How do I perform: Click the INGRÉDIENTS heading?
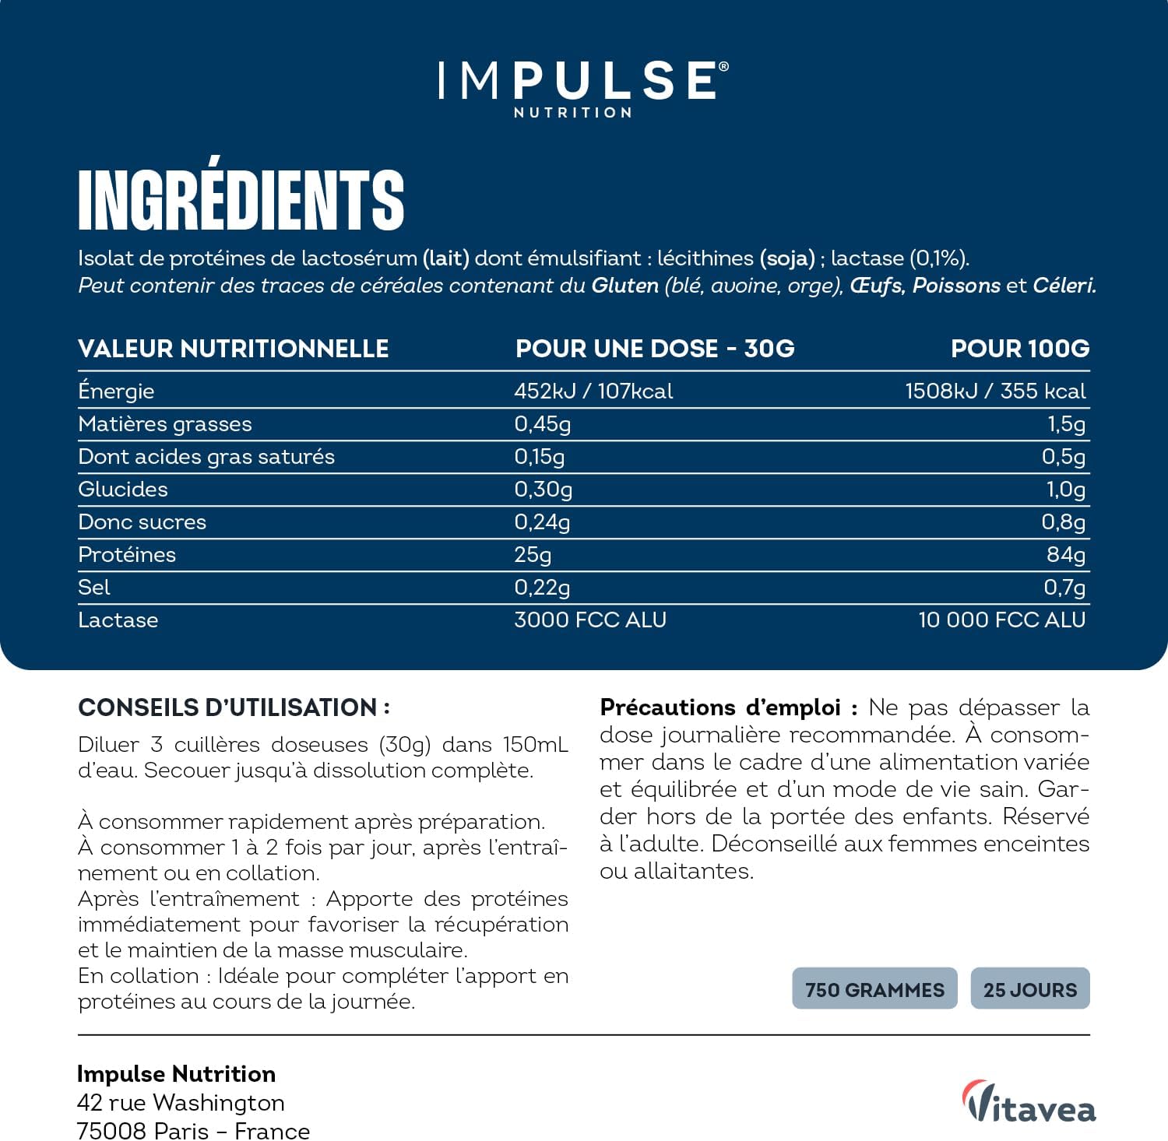(241, 200)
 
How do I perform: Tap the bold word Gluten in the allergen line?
(624, 286)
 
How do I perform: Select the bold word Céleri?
(1064, 286)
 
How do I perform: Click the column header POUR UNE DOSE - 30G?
(655, 348)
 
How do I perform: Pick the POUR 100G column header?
(1020, 348)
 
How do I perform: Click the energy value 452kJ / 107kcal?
(593, 391)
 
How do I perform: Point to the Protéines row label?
(127, 554)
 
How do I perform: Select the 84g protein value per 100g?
(1065, 554)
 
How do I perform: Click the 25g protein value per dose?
(533, 554)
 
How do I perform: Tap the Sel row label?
(93, 587)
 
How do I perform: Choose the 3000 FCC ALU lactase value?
(590, 620)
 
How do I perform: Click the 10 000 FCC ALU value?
(1001, 620)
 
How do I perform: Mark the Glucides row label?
(123, 489)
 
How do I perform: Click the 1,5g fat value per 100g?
(1066, 423)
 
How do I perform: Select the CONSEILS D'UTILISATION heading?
(234, 707)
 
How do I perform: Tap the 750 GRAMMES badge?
(874, 989)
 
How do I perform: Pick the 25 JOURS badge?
(1030, 989)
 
